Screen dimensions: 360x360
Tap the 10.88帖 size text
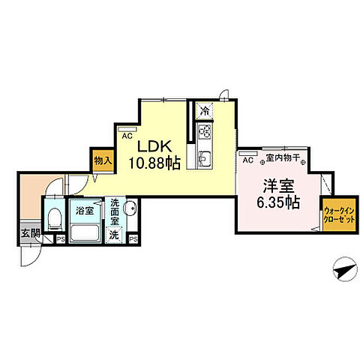coord(154,162)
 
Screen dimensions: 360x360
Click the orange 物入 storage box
coord(103,160)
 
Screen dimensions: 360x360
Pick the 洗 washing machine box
coord(115,235)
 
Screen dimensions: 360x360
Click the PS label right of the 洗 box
coord(133,239)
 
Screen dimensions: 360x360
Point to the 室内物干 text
coord(283,158)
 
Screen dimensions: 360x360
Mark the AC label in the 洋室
coord(247,158)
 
